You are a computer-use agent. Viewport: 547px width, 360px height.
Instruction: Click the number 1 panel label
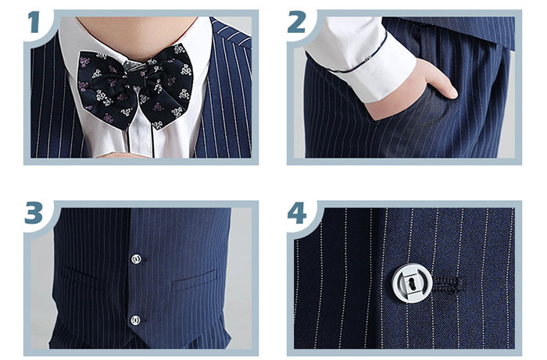pyautogui.click(x=34, y=22)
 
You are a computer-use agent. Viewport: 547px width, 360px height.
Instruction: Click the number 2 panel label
pyautogui.click(x=296, y=22)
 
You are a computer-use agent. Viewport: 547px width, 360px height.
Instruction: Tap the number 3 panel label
pyautogui.click(x=34, y=212)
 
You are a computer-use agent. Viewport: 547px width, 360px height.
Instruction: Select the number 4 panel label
pyautogui.click(x=297, y=212)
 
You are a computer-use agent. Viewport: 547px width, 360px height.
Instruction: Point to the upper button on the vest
pyautogui.click(x=136, y=259)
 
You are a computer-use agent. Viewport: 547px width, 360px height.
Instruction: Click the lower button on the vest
pyautogui.click(x=135, y=320)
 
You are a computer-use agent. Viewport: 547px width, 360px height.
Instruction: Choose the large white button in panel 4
pyautogui.click(x=412, y=282)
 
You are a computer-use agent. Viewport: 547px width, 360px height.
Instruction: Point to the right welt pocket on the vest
pyautogui.click(x=194, y=280)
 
